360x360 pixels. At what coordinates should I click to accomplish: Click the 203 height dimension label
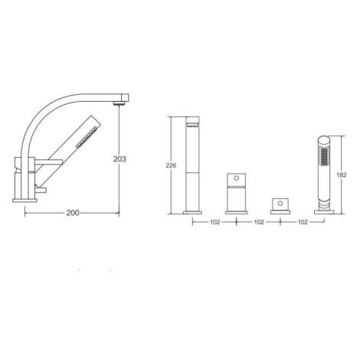[119, 159]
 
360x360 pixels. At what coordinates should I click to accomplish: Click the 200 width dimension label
[73, 213]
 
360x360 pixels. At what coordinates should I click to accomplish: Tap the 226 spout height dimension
[171, 165]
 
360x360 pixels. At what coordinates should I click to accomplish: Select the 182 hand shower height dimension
[342, 175]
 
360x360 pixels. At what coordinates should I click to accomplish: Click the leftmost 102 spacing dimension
[215, 222]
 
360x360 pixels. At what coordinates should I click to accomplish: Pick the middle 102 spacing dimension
[259, 222]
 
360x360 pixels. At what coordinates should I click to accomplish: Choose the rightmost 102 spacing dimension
[303, 222]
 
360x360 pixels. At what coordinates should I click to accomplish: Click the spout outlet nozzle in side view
[119, 103]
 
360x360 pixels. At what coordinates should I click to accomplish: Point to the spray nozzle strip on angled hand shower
[87, 137]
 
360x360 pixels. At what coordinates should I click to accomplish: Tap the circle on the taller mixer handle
[237, 178]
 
